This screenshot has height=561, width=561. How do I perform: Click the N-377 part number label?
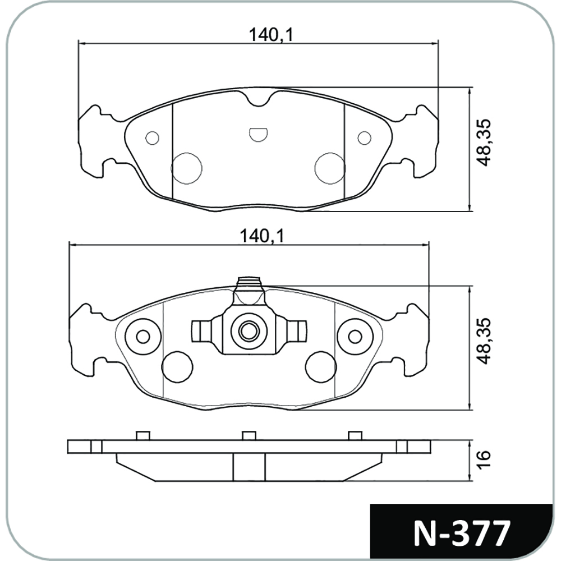(x=461, y=534)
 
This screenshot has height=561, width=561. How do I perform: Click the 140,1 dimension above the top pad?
(x=270, y=35)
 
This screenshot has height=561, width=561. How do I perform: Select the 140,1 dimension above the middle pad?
(x=261, y=237)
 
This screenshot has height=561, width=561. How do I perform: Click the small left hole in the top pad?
(x=153, y=138)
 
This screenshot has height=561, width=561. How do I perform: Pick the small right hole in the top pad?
(x=365, y=138)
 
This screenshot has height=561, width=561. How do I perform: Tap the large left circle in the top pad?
(x=186, y=168)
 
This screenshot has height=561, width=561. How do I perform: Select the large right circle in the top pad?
(x=330, y=168)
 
